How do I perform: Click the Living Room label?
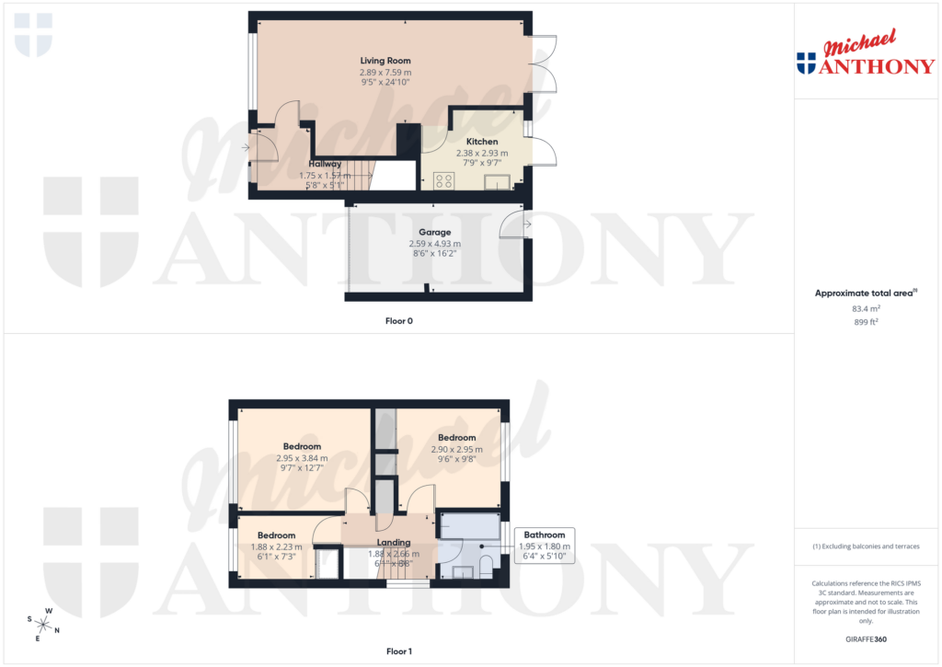pyautogui.click(x=385, y=61)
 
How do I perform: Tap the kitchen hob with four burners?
pyautogui.click(x=442, y=180)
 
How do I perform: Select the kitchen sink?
pyautogui.click(x=497, y=181)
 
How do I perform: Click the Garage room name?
pyautogui.click(x=434, y=233)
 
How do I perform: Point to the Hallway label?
pyautogui.click(x=325, y=164)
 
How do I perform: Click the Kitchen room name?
pyautogui.click(x=482, y=142)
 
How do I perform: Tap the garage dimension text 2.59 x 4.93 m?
pyautogui.click(x=434, y=244)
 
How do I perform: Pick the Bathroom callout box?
pyautogui.click(x=545, y=546)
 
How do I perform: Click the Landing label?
pyautogui.click(x=393, y=543)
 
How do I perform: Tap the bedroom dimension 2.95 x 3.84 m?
pyautogui.click(x=302, y=457)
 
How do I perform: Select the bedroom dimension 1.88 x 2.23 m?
pyautogui.click(x=276, y=546)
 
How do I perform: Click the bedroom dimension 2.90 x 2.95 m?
pyautogui.click(x=456, y=449)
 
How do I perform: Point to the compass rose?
pyautogui.click(x=43, y=625)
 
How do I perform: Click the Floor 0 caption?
pyautogui.click(x=399, y=321)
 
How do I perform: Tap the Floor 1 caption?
pyautogui.click(x=399, y=651)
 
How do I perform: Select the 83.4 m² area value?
pyautogui.click(x=867, y=310)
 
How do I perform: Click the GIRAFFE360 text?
pyautogui.click(x=867, y=639)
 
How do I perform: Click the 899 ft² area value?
pyautogui.click(x=867, y=323)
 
